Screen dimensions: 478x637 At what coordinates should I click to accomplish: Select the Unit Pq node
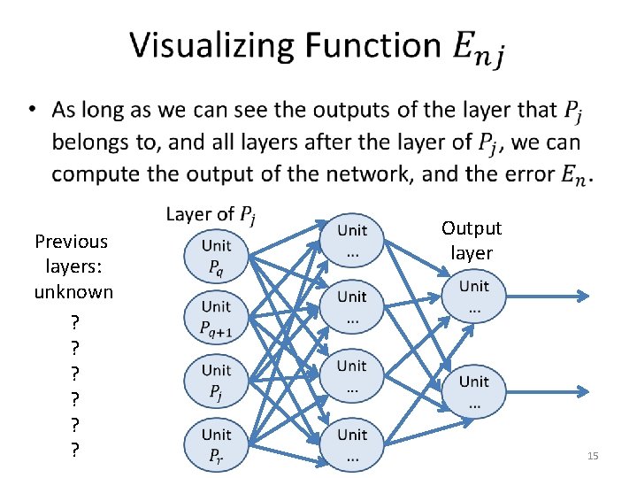216,256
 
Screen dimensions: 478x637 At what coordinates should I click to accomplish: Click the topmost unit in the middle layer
352,240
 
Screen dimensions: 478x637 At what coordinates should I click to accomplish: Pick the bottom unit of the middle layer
352,445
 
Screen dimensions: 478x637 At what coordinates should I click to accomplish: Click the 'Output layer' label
472,241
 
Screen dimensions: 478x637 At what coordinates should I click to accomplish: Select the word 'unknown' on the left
73,292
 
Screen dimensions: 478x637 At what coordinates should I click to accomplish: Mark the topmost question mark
74,320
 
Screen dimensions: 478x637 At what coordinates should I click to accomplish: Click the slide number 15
593,456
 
